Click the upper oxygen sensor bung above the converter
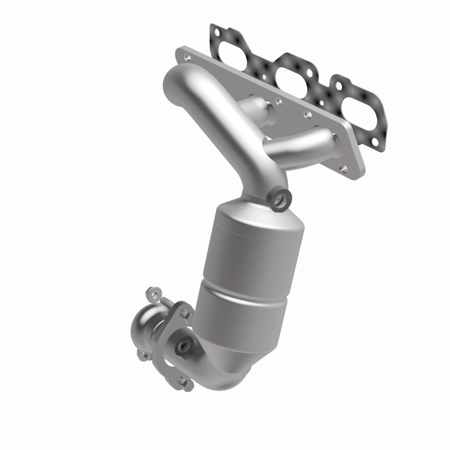[279, 198]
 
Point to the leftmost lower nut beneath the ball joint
[142, 355]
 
